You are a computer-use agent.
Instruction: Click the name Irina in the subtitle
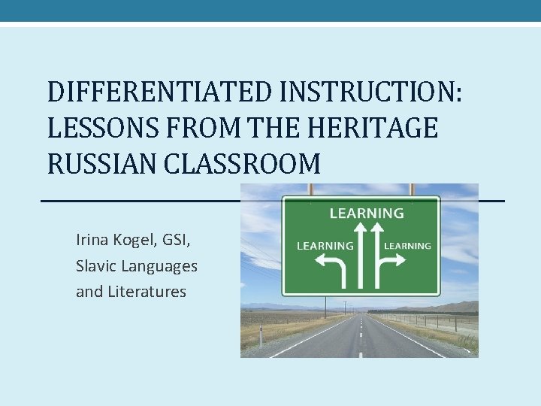[x=93, y=240]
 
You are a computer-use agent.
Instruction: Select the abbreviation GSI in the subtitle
[x=180, y=240]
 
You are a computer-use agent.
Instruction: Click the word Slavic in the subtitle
[x=96, y=265]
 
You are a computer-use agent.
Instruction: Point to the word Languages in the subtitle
[x=159, y=266]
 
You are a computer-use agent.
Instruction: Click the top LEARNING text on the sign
[x=367, y=213]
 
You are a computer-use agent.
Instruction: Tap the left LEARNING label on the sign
[x=325, y=245]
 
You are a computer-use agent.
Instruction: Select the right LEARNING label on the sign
[x=407, y=245]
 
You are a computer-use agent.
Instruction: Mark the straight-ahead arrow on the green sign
[x=361, y=256]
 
